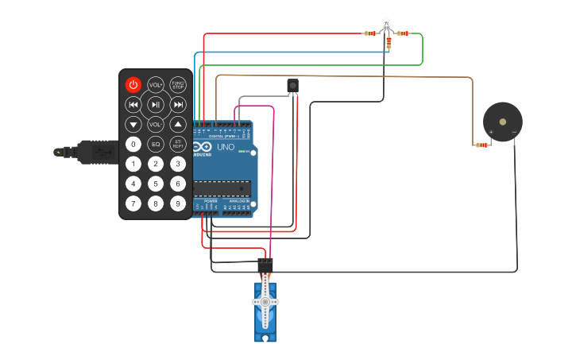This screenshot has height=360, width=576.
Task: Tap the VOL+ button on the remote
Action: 156,84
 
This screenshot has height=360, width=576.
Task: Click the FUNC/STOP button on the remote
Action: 178,84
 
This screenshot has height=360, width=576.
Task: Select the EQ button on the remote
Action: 156,144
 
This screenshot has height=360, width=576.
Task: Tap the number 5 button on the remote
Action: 156,184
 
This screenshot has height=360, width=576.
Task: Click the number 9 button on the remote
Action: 178,203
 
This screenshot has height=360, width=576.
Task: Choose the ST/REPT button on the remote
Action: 178,144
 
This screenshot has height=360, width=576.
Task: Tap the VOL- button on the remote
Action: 156,124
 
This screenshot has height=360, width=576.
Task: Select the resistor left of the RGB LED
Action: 369,33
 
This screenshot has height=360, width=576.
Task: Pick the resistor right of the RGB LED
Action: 403,33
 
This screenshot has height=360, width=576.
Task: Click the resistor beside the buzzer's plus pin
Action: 481,145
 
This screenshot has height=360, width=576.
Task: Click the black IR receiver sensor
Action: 292,85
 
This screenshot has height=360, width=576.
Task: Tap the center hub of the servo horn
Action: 265,302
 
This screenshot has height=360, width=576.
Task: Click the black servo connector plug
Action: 265,264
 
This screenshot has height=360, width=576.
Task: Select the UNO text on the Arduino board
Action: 226,146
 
